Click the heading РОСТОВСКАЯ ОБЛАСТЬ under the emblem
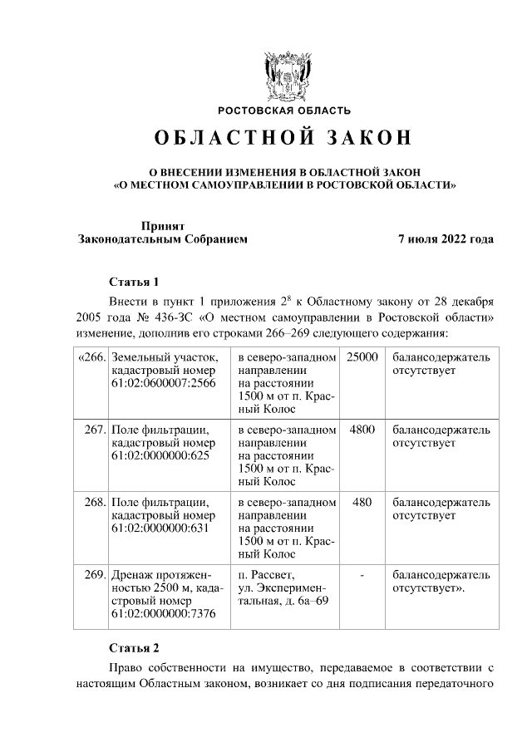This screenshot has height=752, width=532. coord(284,111)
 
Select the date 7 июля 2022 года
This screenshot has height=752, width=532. coord(446,239)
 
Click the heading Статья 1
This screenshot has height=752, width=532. coord(134,280)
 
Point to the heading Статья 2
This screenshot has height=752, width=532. coord(134,646)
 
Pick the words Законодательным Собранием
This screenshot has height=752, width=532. coord(163,239)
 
